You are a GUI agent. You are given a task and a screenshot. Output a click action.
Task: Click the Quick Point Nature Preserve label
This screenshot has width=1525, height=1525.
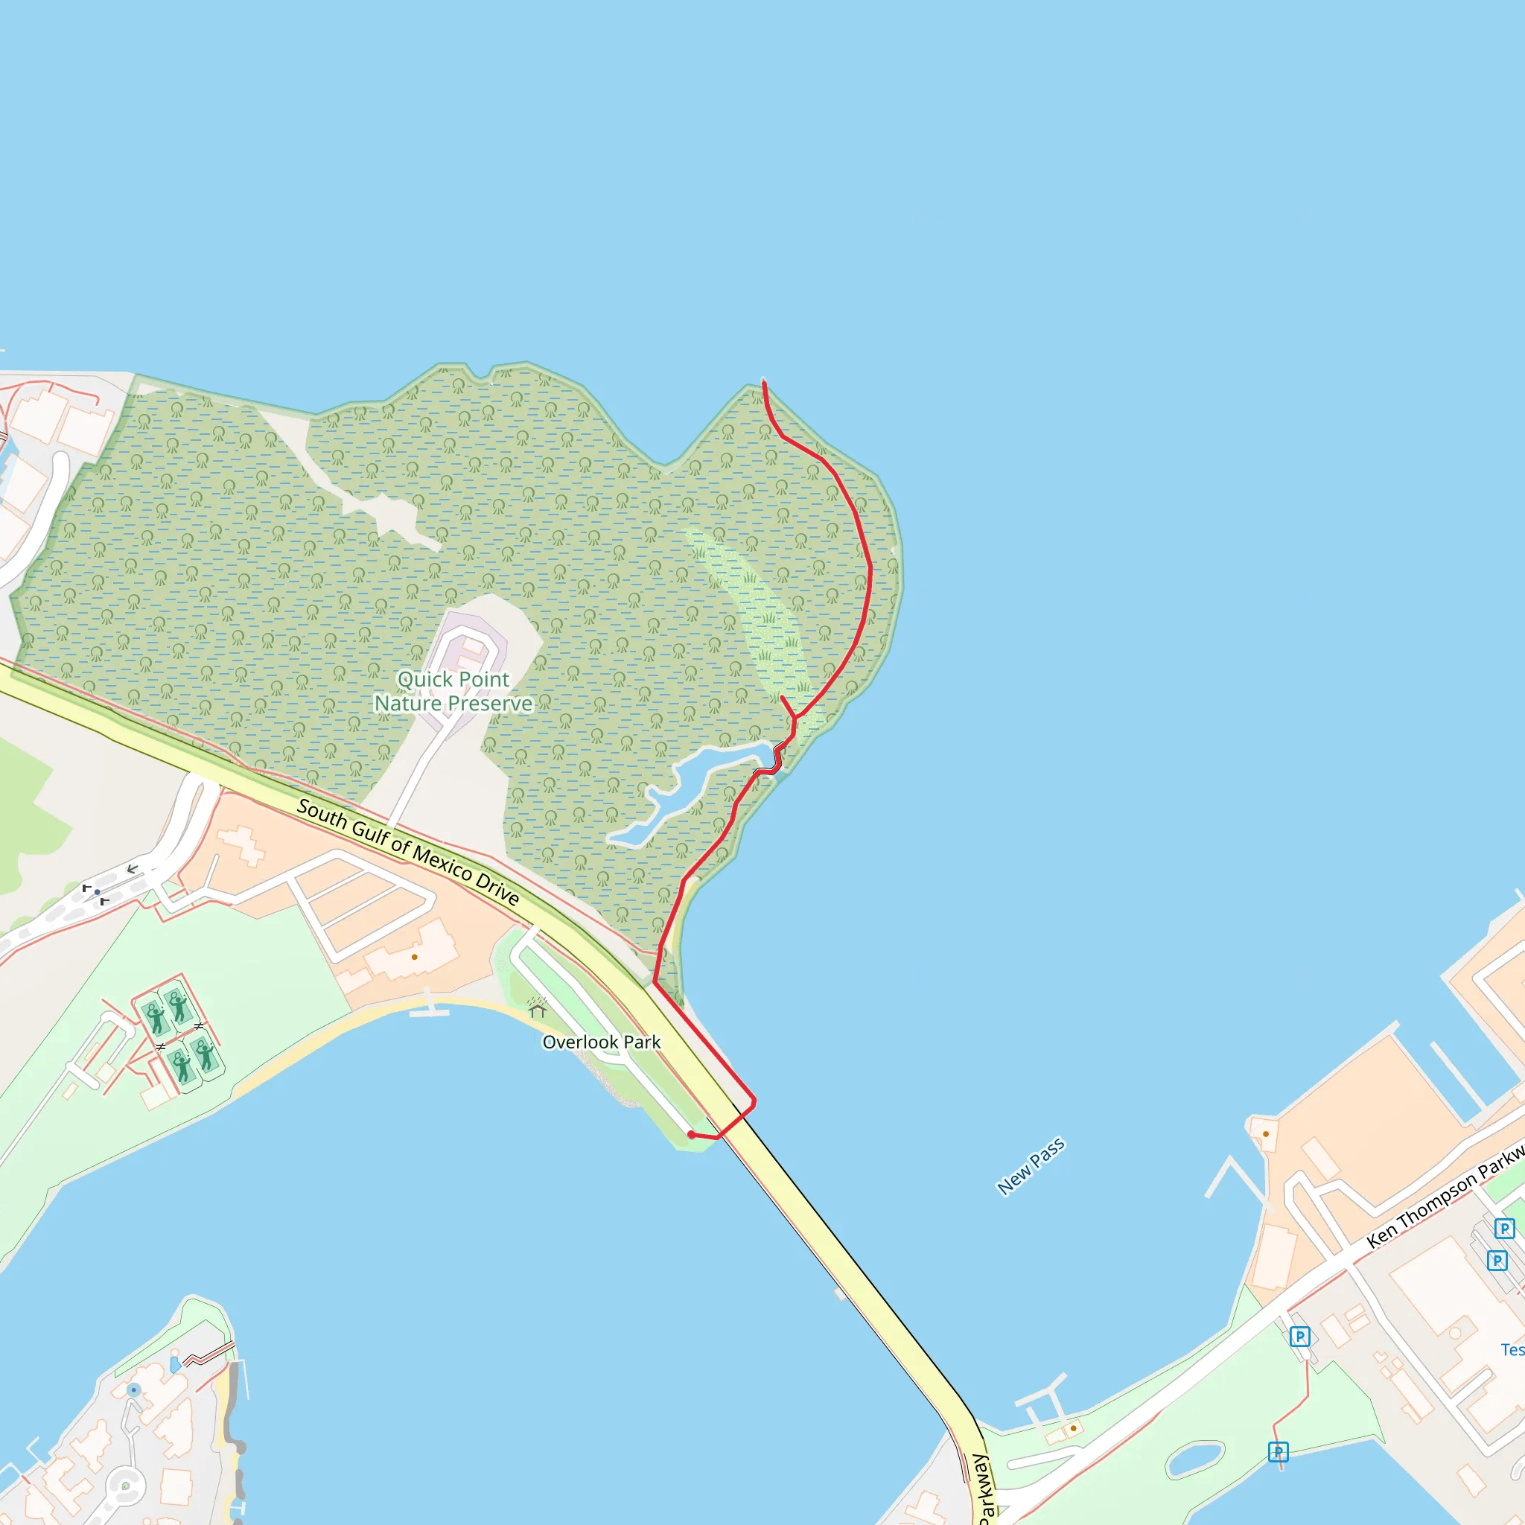[x=453, y=692]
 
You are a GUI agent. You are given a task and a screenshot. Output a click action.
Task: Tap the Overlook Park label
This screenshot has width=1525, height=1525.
[x=602, y=1042]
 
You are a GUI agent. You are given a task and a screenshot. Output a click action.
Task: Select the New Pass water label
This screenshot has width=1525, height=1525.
[x=1031, y=1167]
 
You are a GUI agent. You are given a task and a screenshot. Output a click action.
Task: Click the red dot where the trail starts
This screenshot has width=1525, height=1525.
[x=692, y=1134]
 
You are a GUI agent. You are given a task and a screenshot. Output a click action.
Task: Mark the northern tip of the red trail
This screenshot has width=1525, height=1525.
[x=763, y=382]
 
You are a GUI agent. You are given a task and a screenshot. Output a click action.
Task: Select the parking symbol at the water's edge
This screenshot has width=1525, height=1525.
[x=1278, y=1451]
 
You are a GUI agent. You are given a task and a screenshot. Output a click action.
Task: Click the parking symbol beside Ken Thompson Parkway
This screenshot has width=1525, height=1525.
[x=1300, y=1337]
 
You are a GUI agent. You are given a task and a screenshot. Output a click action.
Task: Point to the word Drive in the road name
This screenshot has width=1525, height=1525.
[x=497, y=888]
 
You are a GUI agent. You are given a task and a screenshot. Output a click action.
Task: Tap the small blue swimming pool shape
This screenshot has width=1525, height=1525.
[x=175, y=1365]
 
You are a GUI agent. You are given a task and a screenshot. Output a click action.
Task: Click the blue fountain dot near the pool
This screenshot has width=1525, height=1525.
[x=134, y=1389]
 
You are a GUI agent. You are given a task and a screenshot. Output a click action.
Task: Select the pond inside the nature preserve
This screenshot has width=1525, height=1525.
[x=679, y=789]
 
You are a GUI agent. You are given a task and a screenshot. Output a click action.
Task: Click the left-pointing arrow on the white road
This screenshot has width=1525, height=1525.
[x=133, y=869]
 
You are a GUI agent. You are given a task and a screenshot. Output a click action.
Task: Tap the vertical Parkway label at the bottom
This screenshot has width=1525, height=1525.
[x=983, y=1488]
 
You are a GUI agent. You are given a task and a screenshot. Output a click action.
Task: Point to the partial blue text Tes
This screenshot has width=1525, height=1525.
[x=1512, y=1350]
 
